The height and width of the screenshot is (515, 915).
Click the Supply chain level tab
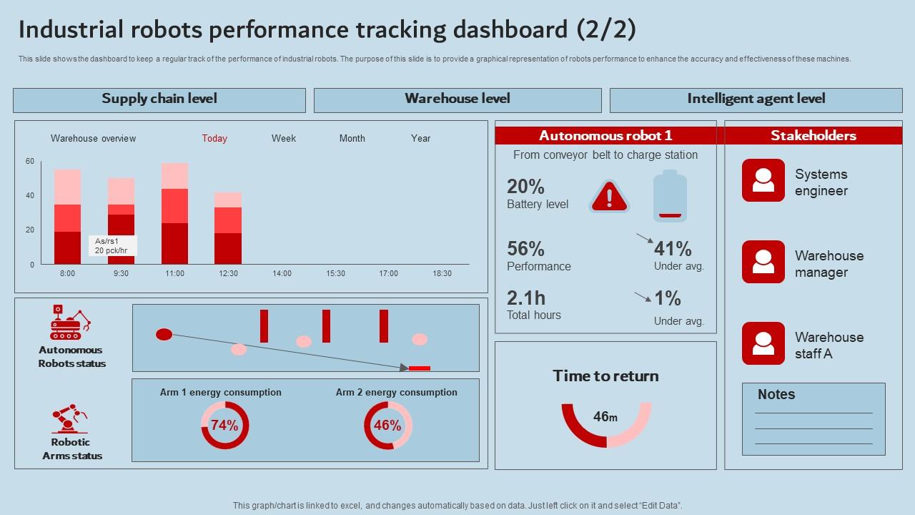pyautogui.click(x=159, y=99)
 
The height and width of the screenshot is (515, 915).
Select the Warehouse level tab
pyautogui.click(x=457, y=99)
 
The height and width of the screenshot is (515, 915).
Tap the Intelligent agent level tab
pyautogui.click(x=756, y=99)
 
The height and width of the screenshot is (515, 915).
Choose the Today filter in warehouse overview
pyautogui.click(x=214, y=139)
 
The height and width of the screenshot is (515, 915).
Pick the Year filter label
pyautogui.click(x=420, y=139)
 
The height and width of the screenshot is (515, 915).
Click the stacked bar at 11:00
pyautogui.click(x=174, y=214)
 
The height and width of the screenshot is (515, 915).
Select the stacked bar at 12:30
pyautogui.click(x=228, y=228)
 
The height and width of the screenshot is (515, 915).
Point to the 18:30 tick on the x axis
pyautogui.click(x=442, y=273)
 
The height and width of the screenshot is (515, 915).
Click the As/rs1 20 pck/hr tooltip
pyautogui.click(x=112, y=245)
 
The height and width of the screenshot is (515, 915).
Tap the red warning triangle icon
pyautogui.click(x=609, y=195)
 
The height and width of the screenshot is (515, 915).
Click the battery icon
pyautogui.click(x=670, y=196)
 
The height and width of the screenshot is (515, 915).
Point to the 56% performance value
pyautogui.click(x=525, y=249)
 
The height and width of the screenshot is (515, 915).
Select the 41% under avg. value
pyautogui.click(x=673, y=249)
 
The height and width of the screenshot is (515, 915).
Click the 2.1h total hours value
pyautogui.click(x=525, y=298)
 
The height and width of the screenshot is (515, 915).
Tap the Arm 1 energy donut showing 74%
pyautogui.click(x=224, y=426)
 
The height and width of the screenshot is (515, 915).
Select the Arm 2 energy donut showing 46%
pyautogui.click(x=387, y=426)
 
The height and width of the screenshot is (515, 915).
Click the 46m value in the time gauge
pyautogui.click(x=605, y=417)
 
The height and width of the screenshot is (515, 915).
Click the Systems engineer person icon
pyautogui.click(x=763, y=180)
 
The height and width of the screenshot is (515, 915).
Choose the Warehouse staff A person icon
pyautogui.click(x=763, y=343)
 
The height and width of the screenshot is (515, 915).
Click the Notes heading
pyautogui.click(x=776, y=395)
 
